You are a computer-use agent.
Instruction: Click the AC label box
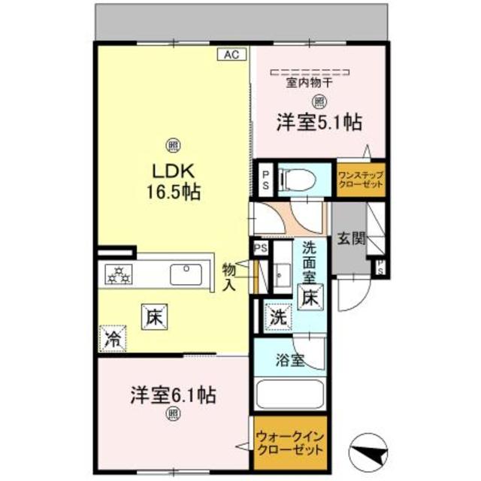tap(231, 54)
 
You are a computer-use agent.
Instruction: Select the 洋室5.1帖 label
tap(319, 123)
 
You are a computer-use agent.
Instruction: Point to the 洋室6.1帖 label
tap(174, 393)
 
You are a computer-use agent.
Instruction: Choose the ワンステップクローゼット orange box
tap(360, 180)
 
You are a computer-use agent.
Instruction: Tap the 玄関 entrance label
tap(350, 240)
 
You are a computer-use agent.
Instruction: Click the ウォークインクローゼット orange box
tap(290, 440)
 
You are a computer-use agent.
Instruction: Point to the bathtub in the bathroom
tap(289, 394)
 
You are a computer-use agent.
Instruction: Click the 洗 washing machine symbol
tap(277, 316)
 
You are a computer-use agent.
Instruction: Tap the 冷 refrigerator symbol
tap(111, 337)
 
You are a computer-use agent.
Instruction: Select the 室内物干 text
tap(310, 83)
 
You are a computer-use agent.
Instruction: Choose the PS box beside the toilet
tap(265, 180)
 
